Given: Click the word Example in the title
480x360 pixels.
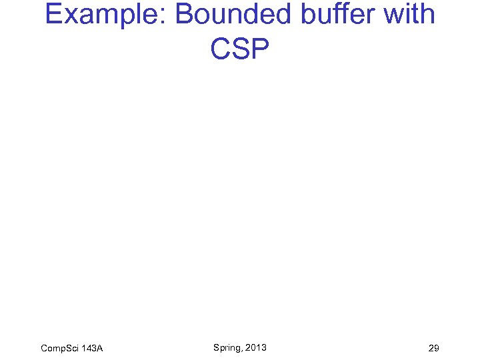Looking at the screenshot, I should point(104,15).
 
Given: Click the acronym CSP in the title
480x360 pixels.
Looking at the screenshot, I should point(239,48).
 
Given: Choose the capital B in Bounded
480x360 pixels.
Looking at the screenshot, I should point(185,15).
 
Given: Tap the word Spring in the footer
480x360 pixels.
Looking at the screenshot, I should point(227,347).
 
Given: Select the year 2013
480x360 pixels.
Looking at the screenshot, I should point(255,347).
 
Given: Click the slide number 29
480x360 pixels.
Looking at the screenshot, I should point(433,349).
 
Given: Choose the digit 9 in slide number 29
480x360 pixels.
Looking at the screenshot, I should point(436,349).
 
